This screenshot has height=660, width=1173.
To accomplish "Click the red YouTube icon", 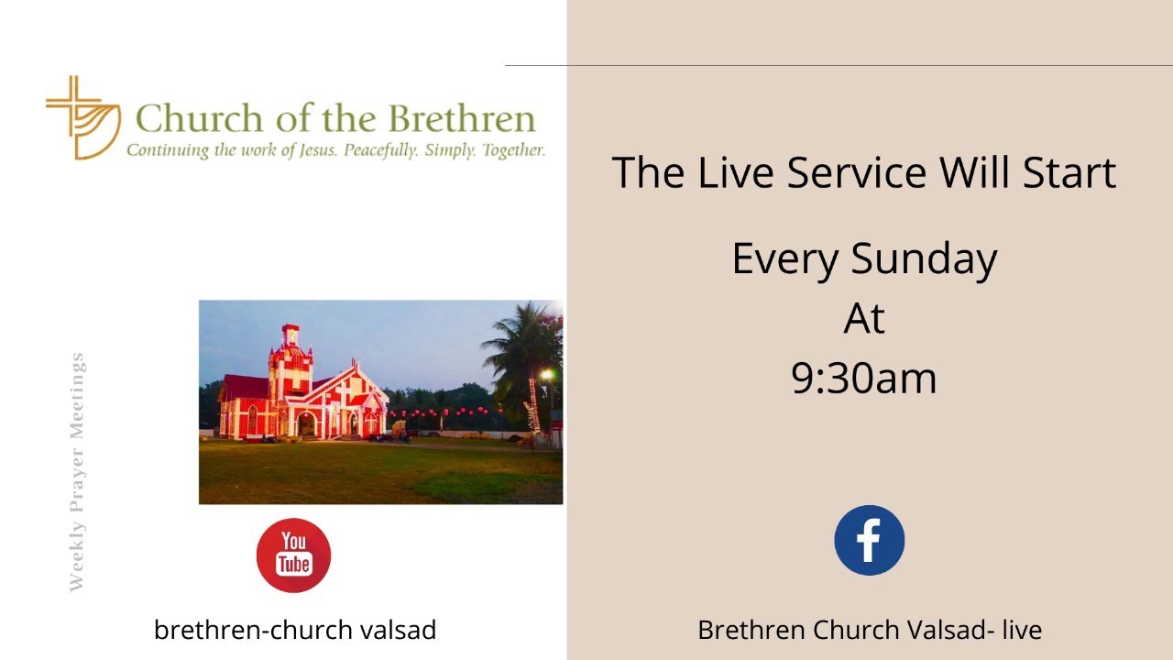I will pyautogui.click(x=293, y=555).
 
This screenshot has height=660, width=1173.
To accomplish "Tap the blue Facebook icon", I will pyautogui.click(x=869, y=541).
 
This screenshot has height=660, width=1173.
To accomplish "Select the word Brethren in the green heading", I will pyautogui.click(x=461, y=120).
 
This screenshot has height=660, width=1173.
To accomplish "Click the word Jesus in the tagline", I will pyautogui.click(x=318, y=150).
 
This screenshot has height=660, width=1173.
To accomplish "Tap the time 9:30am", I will pyautogui.click(x=864, y=378).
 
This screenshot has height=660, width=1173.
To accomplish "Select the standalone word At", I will pyautogui.click(x=864, y=318).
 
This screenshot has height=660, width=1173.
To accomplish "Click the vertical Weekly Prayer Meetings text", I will pyautogui.click(x=77, y=472).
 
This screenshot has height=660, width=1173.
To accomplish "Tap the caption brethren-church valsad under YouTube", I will pyautogui.click(x=295, y=631).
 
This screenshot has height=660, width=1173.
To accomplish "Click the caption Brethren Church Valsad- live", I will pyautogui.click(x=869, y=631).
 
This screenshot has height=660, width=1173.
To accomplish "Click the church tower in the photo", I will pyautogui.click(x=290, y=367).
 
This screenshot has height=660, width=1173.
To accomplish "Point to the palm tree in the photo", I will pyautogui.click(x=522, y=348).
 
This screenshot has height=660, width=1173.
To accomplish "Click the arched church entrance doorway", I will pyautogui.click(x=306, y=423).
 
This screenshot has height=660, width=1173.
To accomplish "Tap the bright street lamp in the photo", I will pyautogui.click(x=547, y=374).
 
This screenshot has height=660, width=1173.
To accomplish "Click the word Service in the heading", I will pyautogui.click(x=856, y=173).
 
